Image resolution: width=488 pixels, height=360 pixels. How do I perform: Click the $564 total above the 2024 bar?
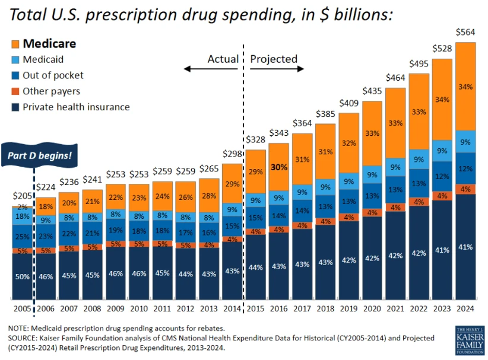tap(465, 32)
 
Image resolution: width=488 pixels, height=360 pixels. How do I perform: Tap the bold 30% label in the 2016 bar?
tap(278, 167)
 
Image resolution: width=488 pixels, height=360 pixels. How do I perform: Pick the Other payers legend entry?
tap(50, 91)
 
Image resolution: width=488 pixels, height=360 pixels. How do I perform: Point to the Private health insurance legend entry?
tap(75, 107)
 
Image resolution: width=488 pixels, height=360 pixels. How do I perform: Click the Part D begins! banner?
tap(40, 156)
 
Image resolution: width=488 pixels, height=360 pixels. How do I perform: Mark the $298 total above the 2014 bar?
tap(232, 154)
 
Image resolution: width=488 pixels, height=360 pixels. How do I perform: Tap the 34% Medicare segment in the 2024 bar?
tap(465, 87)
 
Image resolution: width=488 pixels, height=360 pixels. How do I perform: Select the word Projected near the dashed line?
tap(273, 59)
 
